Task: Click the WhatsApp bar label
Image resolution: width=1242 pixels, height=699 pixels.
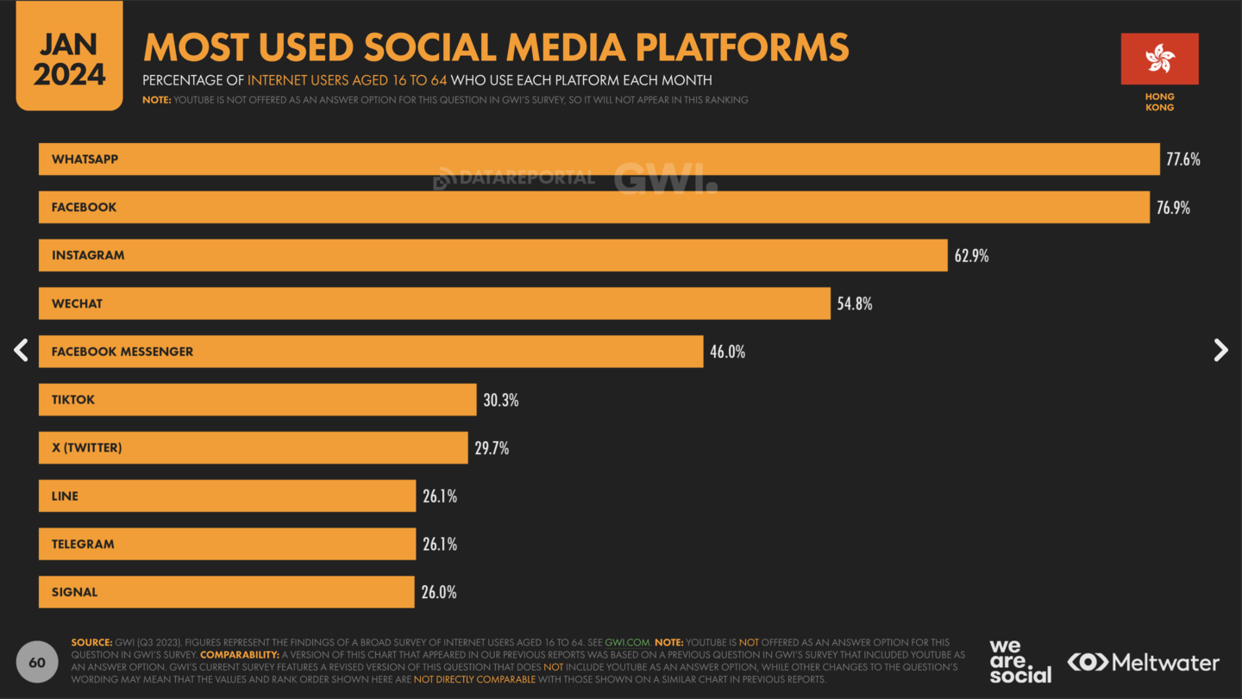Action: click(x=85, y=159)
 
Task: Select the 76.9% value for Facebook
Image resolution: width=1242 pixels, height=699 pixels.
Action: click(x=1173, y=208)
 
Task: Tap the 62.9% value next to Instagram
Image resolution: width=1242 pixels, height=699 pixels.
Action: click(x=971, y=256)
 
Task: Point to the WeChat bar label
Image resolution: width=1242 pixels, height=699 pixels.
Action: click(x=77, y=303)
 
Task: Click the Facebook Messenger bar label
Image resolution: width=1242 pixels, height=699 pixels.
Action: click(x=122, y=352)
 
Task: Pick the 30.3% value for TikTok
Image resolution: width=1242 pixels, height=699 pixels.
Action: click(x=500, y=400)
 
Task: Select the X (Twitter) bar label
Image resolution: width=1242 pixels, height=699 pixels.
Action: click(x=86, y=447)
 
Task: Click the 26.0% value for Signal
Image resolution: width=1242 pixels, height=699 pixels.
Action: click(x=439, y=592)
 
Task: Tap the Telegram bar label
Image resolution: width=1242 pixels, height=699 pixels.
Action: click(x=83, y=544)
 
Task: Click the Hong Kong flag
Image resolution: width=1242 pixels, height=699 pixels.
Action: click(x=1159, y=59)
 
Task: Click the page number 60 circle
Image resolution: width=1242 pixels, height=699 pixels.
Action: click(x=37, y=662)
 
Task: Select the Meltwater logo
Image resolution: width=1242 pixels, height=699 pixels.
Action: click(x=1143, y=663)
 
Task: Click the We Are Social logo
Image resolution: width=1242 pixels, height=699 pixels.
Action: click(x=1020, y=662)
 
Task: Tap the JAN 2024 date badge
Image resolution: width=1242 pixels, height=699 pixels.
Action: click(x=69, y=55)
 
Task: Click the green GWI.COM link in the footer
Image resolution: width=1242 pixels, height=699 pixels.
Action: click(x=627, y=642)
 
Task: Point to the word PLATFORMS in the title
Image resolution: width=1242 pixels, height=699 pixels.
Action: click(x=742, y=47)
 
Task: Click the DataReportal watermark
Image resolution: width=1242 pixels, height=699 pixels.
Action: click(x=514, y=178)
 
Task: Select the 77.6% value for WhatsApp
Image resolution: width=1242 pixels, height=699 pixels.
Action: click(x=1183, y=159)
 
